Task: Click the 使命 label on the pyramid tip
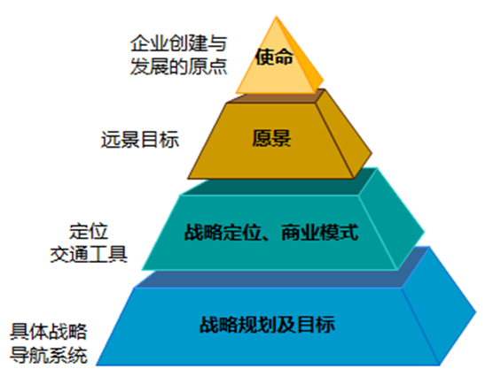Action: pyautogui.click(x=274, y=57)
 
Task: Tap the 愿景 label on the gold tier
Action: pyautogui.click(x=271, y=138)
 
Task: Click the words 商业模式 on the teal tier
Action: pyautogui.click(x=319, y=233)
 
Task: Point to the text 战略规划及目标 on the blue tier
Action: pyautogui.click(x=267, y=325)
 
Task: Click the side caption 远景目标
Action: pyautogui.click(x=140, y=139)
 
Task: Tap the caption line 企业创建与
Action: pyautogui.click(x=178, y=43)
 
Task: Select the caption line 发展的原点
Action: pyautogui.click(x=178, y=66)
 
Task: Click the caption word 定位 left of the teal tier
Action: pyautogui.click(x=89, y=232)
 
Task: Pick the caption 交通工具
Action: pyautogui.click(x=89, y=254)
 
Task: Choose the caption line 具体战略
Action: pyautogui.click(x=49, y=332)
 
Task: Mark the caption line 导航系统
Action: pyautogui.click(x=49, y=355)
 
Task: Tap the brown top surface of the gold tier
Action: pyautogui.click(x=277, y=96)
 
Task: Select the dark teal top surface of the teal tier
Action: pyautogui.click(x=280, y=182)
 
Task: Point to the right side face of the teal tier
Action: pyautogui.click(x=391, y=219)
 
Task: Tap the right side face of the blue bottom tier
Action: pyautogui.click(x=439, y=307)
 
